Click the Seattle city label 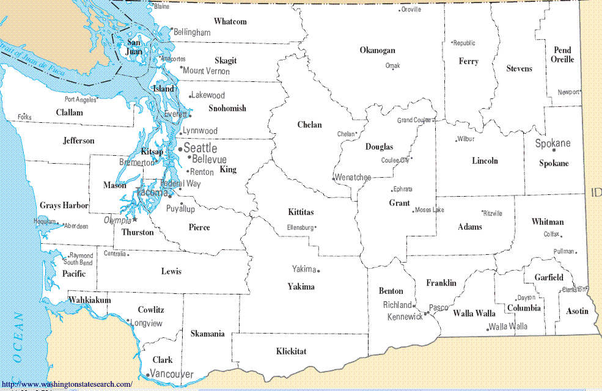click(200, 148)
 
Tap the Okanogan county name click(377, 51)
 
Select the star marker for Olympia click(136, 219)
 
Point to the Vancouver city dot click(148, 375)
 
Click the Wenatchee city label click(353, 178)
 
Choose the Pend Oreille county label click(562, 55)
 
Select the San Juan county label click(133, 47)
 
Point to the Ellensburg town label click(300, 228)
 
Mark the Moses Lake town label click(430, 210)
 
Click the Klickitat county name click(291, 351)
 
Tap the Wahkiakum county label click(89, 301)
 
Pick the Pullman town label click(563, 251)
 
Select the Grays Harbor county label click(64, 206)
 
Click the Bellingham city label click(192, 32)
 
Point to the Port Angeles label click(81, 100)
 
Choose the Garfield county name click(549, 277)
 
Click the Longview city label click(147, 323)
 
